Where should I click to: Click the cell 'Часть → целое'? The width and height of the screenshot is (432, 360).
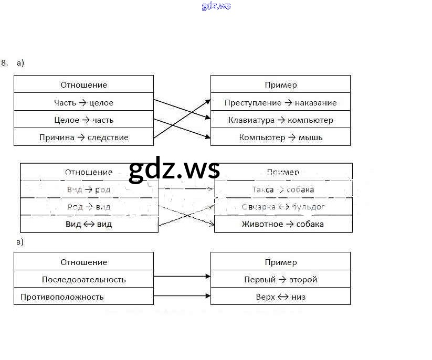click(x=83, y=102)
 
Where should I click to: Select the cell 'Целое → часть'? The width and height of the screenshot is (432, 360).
click(x=83, y=120)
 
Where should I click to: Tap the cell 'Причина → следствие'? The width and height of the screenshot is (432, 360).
click(x=83, y=137)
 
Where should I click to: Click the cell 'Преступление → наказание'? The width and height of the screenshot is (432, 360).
click(x=280, y=102)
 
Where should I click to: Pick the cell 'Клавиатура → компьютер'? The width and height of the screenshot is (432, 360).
click(x=280, y=120)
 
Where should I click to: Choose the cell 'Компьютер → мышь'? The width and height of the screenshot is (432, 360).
click(x=280, y=137)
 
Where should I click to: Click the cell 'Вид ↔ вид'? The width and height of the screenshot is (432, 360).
click(x=89, y=224)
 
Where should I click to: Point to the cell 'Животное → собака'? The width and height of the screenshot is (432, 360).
click(x=283, y=224)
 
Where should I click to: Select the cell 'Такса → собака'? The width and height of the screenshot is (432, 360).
click(x=283, y=189)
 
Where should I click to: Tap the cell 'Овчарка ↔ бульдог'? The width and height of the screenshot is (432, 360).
click(x=283, y=207)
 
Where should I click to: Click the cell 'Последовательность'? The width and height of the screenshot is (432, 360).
click(x=83, y=279)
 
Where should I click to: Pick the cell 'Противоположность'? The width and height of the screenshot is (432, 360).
click(x=83, y=297)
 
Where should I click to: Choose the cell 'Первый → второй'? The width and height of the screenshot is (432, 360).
click(x=280, y=279)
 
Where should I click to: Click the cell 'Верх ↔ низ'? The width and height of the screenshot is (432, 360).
click(x=280, y=297)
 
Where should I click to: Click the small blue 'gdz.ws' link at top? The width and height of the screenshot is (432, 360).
click(x=216, y=6)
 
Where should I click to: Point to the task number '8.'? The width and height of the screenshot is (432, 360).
click(x=5, y=63)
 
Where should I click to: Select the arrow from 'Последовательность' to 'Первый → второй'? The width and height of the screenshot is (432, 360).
click(x=182, y=276)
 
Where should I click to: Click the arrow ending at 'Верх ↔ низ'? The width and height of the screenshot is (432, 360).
click(x=182, y=297)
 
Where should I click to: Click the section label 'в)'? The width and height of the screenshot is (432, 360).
click(x=20, y=242)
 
